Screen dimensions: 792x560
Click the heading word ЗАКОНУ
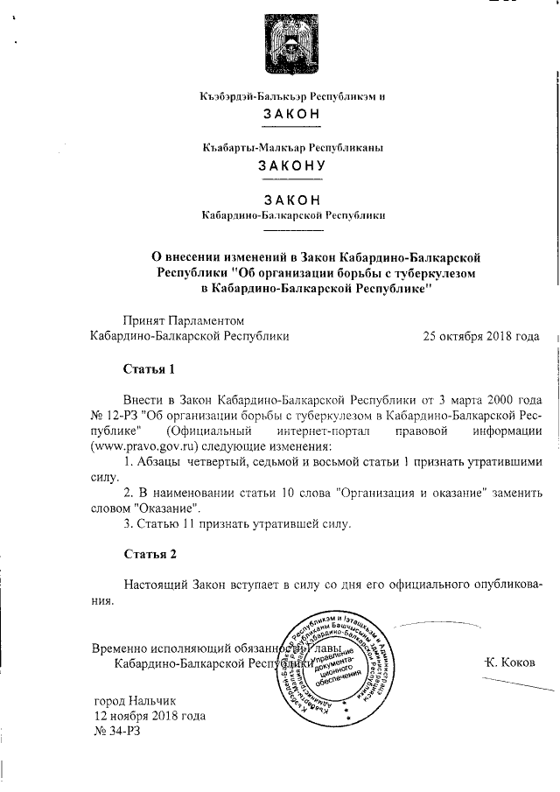pos(292,165)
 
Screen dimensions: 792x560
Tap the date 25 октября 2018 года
pos(480,335)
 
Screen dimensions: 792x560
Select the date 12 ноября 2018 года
pos(150,715)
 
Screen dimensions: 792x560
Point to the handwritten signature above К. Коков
pos(437,627)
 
